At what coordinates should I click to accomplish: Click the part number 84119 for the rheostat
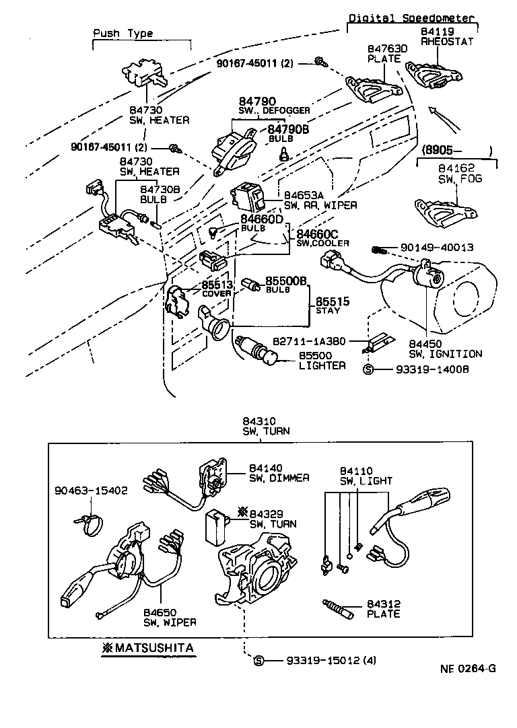coord(438,31)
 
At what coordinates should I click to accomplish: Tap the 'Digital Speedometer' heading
coord(412,19)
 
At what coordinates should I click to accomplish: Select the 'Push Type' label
coord(123,33)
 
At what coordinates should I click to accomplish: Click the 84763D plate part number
coord(386,49)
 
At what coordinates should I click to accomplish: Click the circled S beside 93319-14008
coord(368,369)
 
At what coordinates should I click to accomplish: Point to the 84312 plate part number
coord(383,604)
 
